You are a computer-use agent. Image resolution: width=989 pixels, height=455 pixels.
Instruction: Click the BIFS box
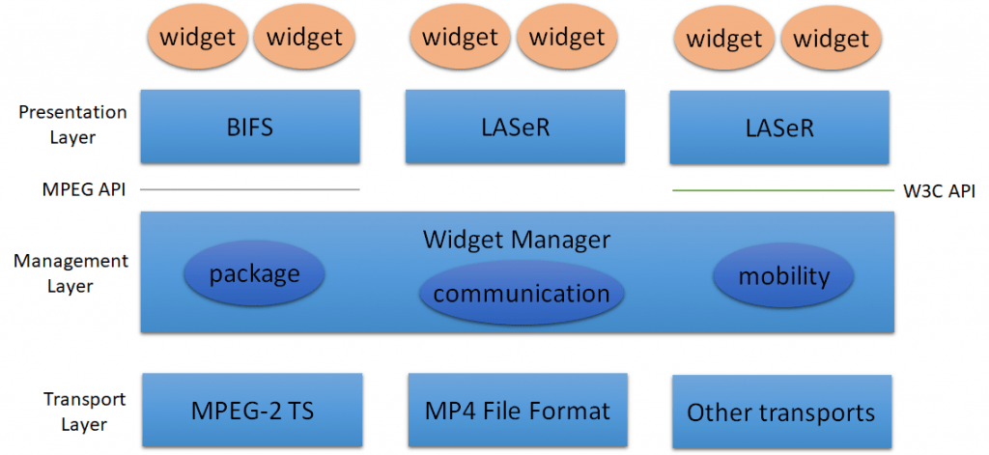click(250, 127)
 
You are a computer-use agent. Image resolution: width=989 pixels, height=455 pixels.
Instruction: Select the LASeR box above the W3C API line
click(778, 127)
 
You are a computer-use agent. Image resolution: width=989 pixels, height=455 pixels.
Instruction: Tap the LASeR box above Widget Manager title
click(515, 127)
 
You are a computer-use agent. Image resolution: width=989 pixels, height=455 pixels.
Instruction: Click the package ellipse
click(254, 273)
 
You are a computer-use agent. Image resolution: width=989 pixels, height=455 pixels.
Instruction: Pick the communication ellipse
click(522, 293)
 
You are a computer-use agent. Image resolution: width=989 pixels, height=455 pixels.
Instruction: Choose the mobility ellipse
click(783, 276)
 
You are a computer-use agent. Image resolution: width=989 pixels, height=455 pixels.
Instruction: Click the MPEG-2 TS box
click(251, 410)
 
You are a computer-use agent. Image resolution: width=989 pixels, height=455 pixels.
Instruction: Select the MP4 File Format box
click(518, 411)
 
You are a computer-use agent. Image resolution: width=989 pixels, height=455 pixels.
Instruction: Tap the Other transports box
click(780, 412)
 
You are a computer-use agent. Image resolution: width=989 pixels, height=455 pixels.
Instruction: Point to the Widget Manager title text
click(517, 239)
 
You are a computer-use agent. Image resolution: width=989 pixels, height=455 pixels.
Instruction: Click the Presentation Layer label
click(72, 125)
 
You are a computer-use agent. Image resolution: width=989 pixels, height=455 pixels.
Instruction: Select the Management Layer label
click(71, 273)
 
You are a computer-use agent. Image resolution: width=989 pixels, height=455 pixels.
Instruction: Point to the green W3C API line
click(782, 190)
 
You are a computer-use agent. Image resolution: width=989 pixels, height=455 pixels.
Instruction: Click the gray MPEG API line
click(250, 189)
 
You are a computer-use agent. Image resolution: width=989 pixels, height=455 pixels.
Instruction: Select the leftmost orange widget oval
click(197, 38)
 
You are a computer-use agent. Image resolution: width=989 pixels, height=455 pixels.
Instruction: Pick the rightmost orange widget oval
click(832, 40)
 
